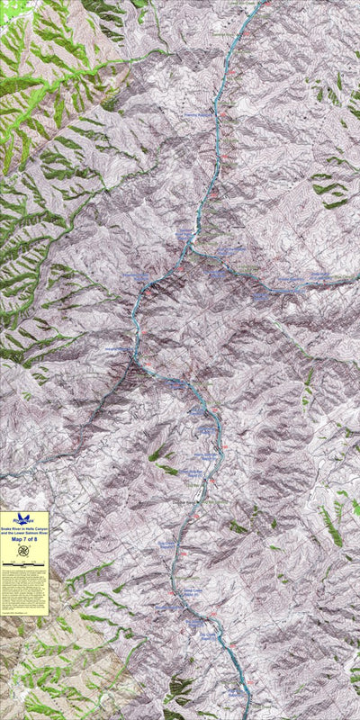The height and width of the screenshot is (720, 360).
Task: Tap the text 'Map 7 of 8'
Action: [x=24, y=540]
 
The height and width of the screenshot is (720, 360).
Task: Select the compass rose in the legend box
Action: [x=24, y=551]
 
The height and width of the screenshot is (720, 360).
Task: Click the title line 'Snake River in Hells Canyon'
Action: [x=24, y=529]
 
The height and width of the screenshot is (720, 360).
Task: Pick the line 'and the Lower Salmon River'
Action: [x=24, y=534]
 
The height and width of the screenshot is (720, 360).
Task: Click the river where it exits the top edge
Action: [x=262, y=3]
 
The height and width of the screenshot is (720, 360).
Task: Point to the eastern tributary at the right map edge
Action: [x=356, y=280]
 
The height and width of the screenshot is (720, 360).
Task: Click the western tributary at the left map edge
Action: [x=3, y=474]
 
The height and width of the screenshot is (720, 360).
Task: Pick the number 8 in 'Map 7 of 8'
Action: [x=36, y=540]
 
